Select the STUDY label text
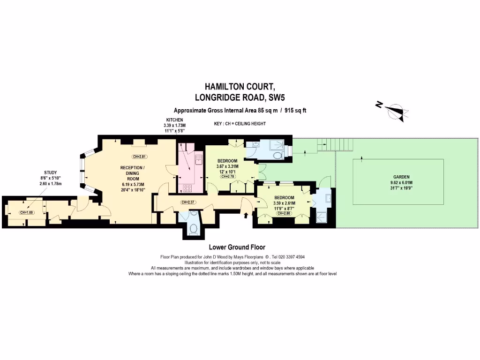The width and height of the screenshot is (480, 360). tap(50, 172)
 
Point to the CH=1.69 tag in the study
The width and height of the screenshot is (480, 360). tap(26, 212)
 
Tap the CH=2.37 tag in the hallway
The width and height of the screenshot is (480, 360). tap(188, 202)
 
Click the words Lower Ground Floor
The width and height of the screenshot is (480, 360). tap(237, 247)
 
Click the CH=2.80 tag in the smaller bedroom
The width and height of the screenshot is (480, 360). tap(285, 213)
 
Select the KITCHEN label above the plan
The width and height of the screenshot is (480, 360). tap(174, 120)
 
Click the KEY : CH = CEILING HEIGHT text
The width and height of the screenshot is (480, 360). tap(240, 124)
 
